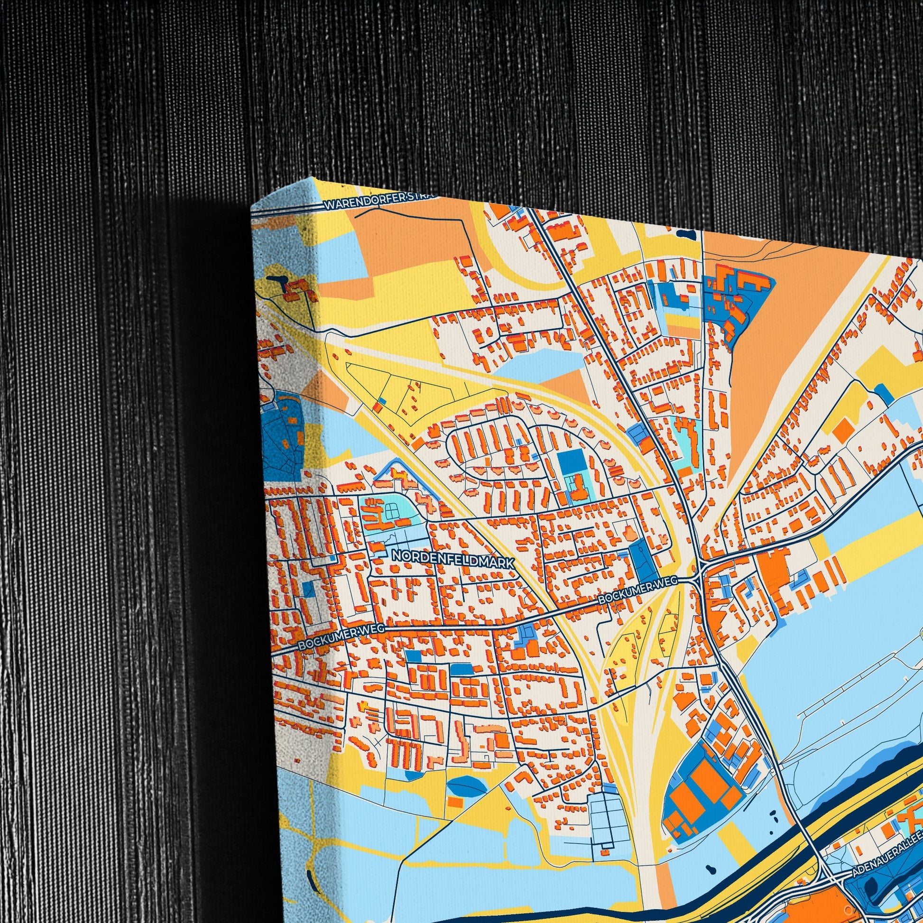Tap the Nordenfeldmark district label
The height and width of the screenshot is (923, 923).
click(x=453, y=559)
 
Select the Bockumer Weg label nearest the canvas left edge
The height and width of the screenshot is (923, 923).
click(x=341, y=637)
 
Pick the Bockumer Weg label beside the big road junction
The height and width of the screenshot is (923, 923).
click(x=638, y=590)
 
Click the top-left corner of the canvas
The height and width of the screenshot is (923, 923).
click(x=252, y=206)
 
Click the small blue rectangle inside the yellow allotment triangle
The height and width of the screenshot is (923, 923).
click(x=382, y=401)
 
